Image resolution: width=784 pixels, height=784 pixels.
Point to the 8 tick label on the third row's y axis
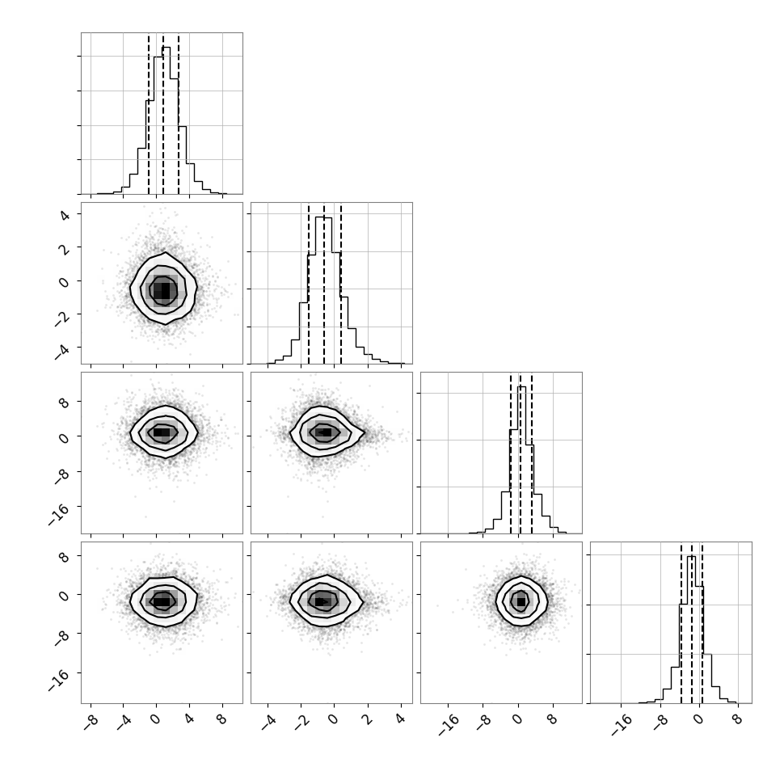pyautogui.click(x=65, y=403)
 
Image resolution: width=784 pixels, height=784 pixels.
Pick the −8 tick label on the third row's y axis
pyautogui.click(x=62, y=477)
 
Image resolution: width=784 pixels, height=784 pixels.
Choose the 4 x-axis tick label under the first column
pyautogui.click(x=189, y=720)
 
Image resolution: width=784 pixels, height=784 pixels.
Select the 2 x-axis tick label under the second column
pyautogui.click(x=368, y=720)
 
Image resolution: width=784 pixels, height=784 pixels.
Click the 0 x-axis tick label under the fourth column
pyautogui.click(x=698, y=720)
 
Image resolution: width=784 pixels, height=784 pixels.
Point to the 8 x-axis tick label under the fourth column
pyautogui.click(x=737, y=720)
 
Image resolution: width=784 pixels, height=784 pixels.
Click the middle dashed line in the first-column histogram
pyautogui.click(x=163, y=114)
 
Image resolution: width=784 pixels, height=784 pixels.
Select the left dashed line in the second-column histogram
pyautogui.click(x=309, y=284)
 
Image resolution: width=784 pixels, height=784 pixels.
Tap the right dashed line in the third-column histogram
pyautogui.click(x=532, y=454)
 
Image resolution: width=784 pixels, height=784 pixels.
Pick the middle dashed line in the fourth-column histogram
pyautogui.click(x=692, y=623)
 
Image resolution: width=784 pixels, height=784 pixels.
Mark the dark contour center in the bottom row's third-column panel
pyautogui.click(x=521, y=602)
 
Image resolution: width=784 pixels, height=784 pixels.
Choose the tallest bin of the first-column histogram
pyautogui.click(x=166, y=120)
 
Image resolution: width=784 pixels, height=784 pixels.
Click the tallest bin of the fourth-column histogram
pyautogui.click(x=692, y=630)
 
